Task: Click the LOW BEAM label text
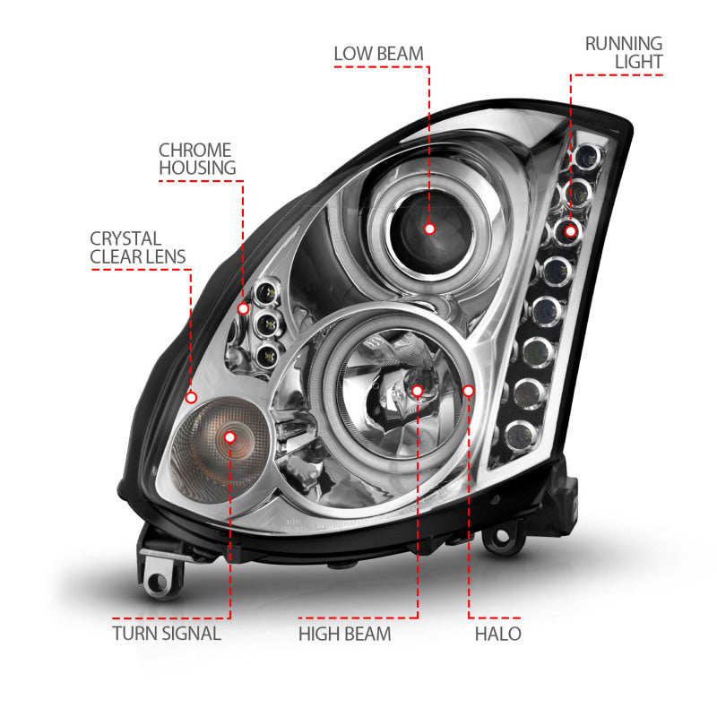click(378, 53)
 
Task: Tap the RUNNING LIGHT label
click(624, 52)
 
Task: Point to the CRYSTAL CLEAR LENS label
click(138, 248)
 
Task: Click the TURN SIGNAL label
click(167, 635)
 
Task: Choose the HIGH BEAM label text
click(344, 635)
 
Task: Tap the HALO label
click(499, 635)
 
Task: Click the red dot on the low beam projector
click(429, 229)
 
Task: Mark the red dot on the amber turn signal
click(230, 436)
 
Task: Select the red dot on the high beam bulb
click(418, 390)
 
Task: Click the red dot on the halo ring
click(469, 390)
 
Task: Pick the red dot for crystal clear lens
click(191, 396)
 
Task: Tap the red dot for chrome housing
click(243, 308)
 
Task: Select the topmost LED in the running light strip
click(592, 158)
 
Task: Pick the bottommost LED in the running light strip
click(519, 436)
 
